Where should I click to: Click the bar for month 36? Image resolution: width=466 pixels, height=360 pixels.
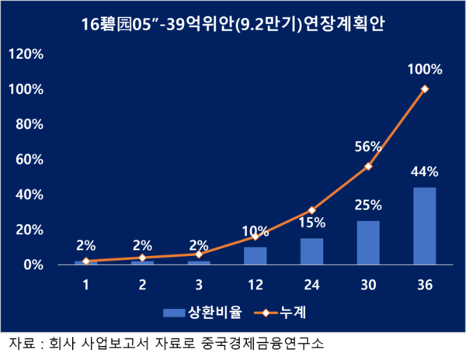(425, 226)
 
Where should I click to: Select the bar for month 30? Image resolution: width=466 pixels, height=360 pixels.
(368, 243)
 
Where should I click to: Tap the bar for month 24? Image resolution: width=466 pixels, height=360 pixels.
(311, 251)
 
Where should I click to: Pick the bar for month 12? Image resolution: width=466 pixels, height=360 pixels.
(255, 256)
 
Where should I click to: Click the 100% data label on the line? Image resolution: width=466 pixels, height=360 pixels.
(425, 69)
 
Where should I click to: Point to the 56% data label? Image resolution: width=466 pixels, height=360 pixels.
(368, 147)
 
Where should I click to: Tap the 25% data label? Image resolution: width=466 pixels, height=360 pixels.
(368, 206)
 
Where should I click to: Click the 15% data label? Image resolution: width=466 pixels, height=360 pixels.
(311, 223)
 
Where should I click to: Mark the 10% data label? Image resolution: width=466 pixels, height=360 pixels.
(255, 231)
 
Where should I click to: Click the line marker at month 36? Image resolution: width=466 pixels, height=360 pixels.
(425, 89)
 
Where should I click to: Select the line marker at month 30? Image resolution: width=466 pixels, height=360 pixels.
(368, 167)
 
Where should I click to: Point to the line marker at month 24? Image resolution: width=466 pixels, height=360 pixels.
(311, 210)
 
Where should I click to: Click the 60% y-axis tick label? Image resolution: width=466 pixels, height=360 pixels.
(29, 160)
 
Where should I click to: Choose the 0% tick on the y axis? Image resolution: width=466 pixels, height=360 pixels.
(32, 265)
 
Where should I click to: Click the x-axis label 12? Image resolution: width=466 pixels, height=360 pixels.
(255, 284)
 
